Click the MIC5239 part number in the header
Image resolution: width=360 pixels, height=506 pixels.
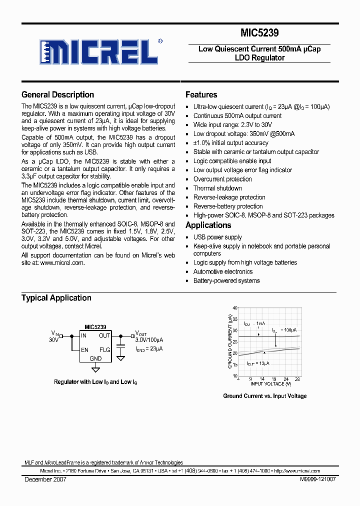pyautogui.click(x=259, y=33)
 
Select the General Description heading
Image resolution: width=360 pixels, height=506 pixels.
pyautogui.click(x=57, y=94)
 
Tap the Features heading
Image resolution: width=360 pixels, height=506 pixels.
pyautogui.click(x=201, y=94)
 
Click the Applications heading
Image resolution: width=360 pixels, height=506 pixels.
pyautogui.click(x=208, y=225)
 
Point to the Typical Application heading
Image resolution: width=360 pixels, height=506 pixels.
pyautogui.click(x=56, y=298)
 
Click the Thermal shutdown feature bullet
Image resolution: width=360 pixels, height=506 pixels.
pyautogui.click(x=217, y=188)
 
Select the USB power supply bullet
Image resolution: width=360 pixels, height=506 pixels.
pyautogui.click(x=217, y=237)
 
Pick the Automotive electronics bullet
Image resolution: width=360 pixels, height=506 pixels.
pyautogui.click(x=223, y=272)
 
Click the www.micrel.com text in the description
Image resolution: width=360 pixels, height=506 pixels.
pyautogui.click(x=62, y=262)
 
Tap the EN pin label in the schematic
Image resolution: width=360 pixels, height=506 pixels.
pyautogui.click(x=85, y=350)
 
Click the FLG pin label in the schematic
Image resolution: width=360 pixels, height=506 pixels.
pyautogui.click(x=104, y=350)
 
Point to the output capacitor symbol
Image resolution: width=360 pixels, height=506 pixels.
pyautogui.click(x=120, y=345)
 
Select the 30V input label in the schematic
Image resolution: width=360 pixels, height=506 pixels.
pyautogui.click(x=53, y=340)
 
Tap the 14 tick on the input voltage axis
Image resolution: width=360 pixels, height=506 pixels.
pyautogui.click(x=262, y=379)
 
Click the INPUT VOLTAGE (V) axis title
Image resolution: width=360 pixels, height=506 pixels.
pyautogui.click(x=270, y=383)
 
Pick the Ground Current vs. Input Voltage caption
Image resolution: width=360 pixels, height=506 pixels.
pyautogui.click(x=264, y=396)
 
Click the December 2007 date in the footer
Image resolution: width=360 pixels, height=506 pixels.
pyautogui.click(x=45, y=479)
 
